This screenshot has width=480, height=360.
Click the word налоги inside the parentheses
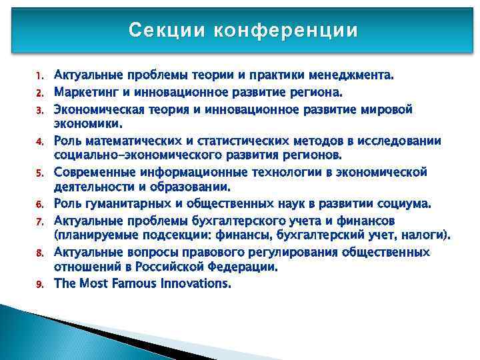click(426, 235)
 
